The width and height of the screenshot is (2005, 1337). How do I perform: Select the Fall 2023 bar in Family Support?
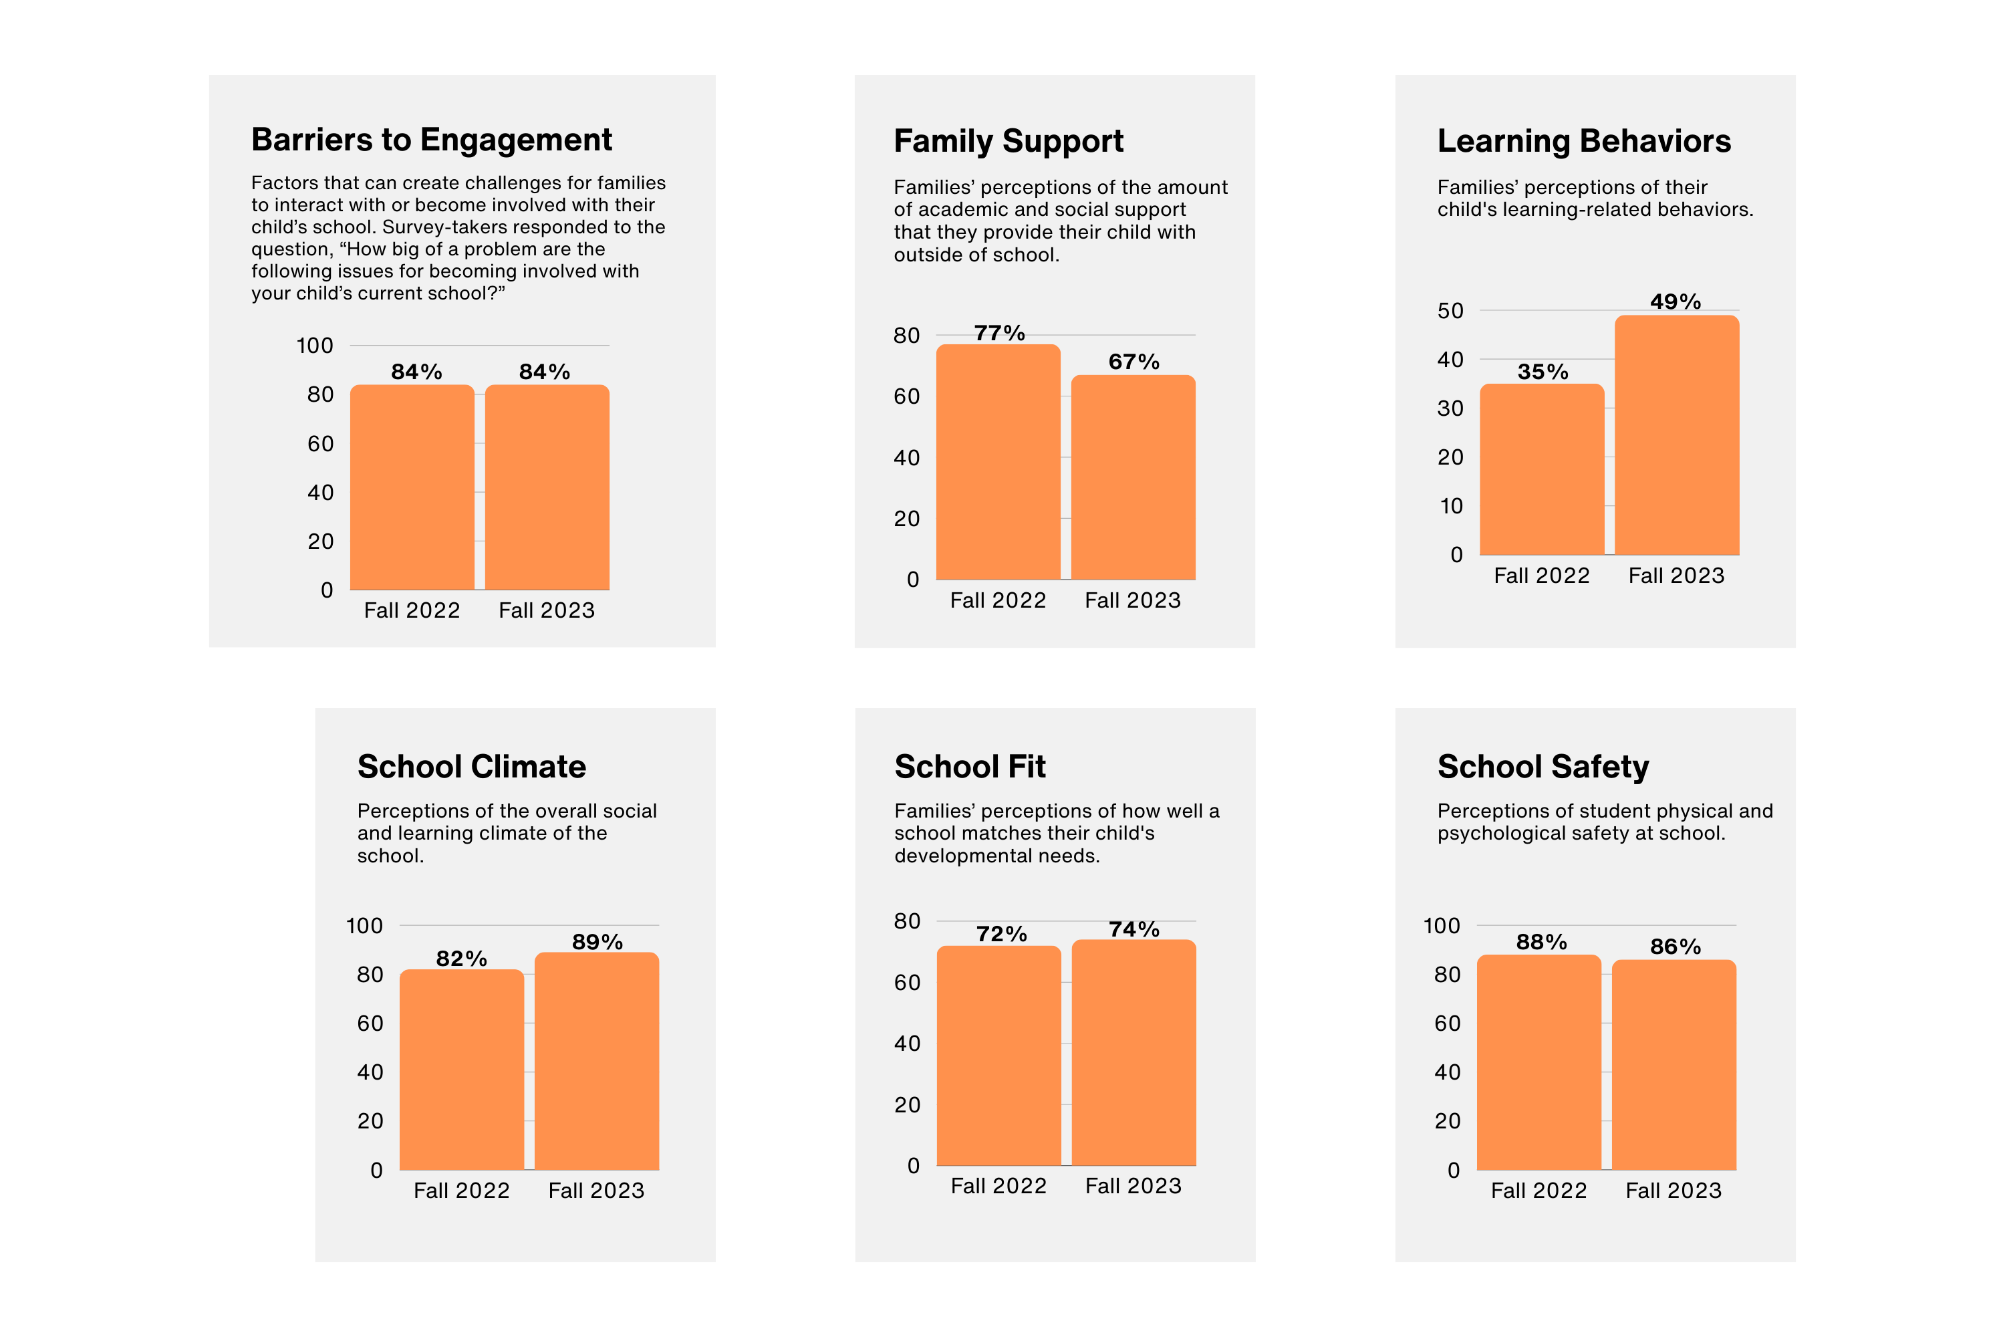click(x=1133, y=477)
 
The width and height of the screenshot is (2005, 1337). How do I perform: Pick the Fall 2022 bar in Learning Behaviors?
click(x=1541, y=470)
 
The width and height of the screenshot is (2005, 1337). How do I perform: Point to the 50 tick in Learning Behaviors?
click(x=1450, y=312)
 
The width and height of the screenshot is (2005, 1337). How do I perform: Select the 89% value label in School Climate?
click(x=597, y=942)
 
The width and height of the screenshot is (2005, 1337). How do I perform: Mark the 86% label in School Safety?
click(x=1675, y=947)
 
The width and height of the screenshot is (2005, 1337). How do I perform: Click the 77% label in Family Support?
click(x=999, y=334)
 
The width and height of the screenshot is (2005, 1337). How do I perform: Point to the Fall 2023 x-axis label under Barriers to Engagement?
click(x=547, y=610)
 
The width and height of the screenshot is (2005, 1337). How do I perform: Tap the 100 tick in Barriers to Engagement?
click(x=315, y=346)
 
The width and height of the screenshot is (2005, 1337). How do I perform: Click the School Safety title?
click(x=1543, y=767)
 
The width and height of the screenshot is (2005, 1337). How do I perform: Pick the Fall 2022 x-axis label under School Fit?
click(x=998, y=1186)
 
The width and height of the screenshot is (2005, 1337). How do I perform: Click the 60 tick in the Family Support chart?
click(x=906, y=396)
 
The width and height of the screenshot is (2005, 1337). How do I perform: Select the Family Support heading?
click(x=1009, y=140)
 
